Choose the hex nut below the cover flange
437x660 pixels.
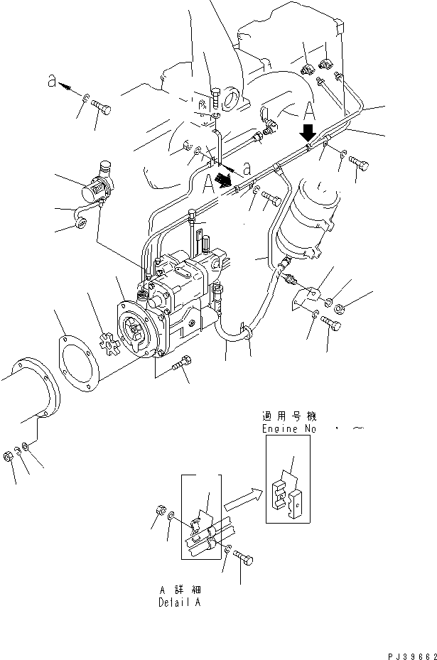click(8, 455)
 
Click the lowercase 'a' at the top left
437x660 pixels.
click(51, 82)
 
